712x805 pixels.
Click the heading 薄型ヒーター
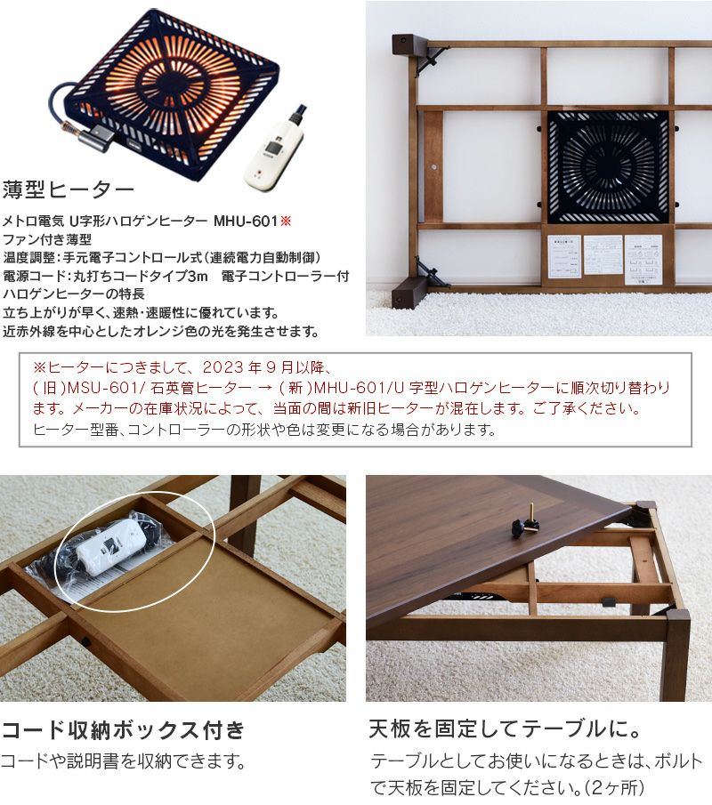click(x=69, y=189)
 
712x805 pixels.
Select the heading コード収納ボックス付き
click(x=123, y=731)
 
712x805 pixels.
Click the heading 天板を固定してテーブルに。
click(x=506, y=731)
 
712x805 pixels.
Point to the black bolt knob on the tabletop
click(x=526, y=526)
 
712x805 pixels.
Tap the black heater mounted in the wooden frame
click(x=608, y=167)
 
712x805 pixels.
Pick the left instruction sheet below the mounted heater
click(x=563, y=256)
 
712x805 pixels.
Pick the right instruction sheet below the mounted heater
click(x=643, y=258)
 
